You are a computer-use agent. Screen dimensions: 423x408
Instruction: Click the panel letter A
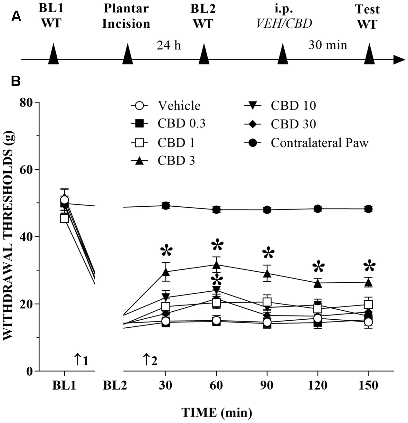(16, 16)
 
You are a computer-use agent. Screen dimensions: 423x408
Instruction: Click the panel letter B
(16, 81)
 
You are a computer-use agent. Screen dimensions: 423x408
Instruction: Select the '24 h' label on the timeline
(169, 45)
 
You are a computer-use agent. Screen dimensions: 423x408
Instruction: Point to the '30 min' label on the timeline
(328, 45)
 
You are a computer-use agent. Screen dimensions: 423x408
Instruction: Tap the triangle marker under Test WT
(370, 54)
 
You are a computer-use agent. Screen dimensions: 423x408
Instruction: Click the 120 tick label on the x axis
(318, 385)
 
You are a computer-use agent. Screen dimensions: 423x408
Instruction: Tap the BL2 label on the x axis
(115, 385)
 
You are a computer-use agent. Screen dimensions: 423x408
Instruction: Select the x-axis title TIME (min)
(216, 412)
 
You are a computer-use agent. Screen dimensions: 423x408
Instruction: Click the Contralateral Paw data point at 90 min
(267, 210)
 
